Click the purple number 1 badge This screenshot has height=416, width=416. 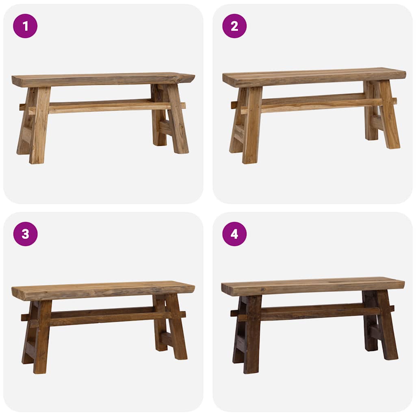(25, 26)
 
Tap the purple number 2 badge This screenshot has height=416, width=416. (234, 26)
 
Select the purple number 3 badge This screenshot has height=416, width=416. (25, 234)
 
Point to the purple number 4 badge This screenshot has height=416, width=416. (234, 234)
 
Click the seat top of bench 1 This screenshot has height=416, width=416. (102, 79)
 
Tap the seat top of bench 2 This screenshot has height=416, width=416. (313, 76)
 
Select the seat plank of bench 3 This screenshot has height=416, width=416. (102, 290)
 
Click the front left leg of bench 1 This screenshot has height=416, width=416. (39, 126)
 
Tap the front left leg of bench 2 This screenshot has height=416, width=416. (251, 126)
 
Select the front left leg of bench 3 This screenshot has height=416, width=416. (42, 337)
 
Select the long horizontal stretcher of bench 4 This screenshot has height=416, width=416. (313, 312)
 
